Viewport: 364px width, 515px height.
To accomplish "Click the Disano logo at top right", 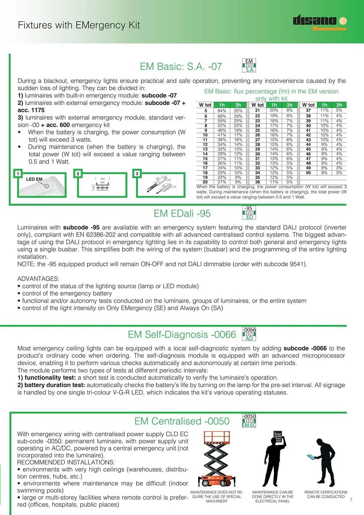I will tap(319, 22).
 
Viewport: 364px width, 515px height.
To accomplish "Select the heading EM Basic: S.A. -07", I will tap(181, 66).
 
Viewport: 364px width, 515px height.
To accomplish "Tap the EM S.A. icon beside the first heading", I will tap(249, 65).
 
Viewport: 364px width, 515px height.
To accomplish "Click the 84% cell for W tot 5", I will tap(221, 111).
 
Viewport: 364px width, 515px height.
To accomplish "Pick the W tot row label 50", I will tap(308, 173).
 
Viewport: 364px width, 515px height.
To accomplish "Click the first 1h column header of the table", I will tap(222, 105).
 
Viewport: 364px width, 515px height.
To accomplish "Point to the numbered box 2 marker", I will tap(78, 174).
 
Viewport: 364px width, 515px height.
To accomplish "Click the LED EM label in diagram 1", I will tap(34, 179).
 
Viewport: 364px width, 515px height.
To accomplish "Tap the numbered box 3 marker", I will tap(137, 174).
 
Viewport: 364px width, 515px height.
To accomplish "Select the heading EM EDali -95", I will tap(182, 213).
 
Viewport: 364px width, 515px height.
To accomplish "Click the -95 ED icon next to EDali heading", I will tap(249, 212).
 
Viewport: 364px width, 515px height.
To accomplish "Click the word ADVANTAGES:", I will tap(38, 279).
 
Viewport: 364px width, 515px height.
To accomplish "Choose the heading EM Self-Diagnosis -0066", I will tap(182, 334).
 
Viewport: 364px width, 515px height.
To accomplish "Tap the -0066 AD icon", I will tap(249, 334).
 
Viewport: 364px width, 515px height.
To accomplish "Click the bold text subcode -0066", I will tap(305, 348).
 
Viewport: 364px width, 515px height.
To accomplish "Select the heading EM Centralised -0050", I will tap(182, 421).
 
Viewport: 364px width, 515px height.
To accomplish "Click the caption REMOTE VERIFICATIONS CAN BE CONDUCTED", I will tap(326, 494).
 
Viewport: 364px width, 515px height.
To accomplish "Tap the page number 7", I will tap(351, 500).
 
